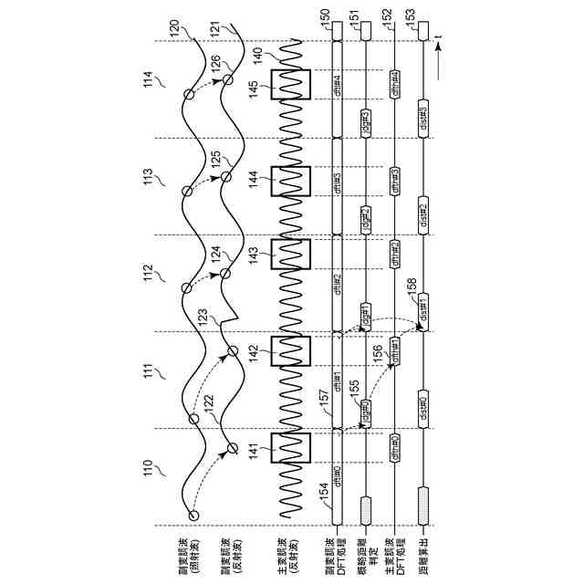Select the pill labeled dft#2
337,282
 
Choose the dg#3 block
366,121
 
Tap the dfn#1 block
395,349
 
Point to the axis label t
439,36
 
